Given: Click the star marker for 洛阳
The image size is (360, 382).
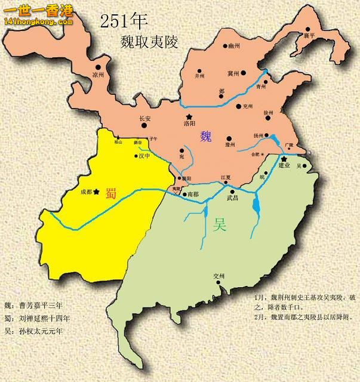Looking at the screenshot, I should click(189, 116).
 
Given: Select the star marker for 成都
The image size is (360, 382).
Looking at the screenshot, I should click(96, 192).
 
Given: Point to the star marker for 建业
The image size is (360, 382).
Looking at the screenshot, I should click(284, 158).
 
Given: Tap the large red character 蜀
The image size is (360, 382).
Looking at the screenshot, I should click(110, 193).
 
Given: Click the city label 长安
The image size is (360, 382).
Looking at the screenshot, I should click(145, 118).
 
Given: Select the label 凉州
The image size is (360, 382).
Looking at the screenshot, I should click(98, 75).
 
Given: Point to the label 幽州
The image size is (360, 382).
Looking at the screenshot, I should click(233, 45).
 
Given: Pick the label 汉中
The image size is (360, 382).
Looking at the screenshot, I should click(144, 156).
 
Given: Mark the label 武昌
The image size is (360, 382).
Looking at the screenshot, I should click(232, 198).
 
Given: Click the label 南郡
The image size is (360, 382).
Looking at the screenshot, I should click(192, 194).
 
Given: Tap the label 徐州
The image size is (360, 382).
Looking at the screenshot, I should click(268, 112).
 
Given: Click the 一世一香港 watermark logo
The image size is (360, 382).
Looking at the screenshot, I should click(38, 13).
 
